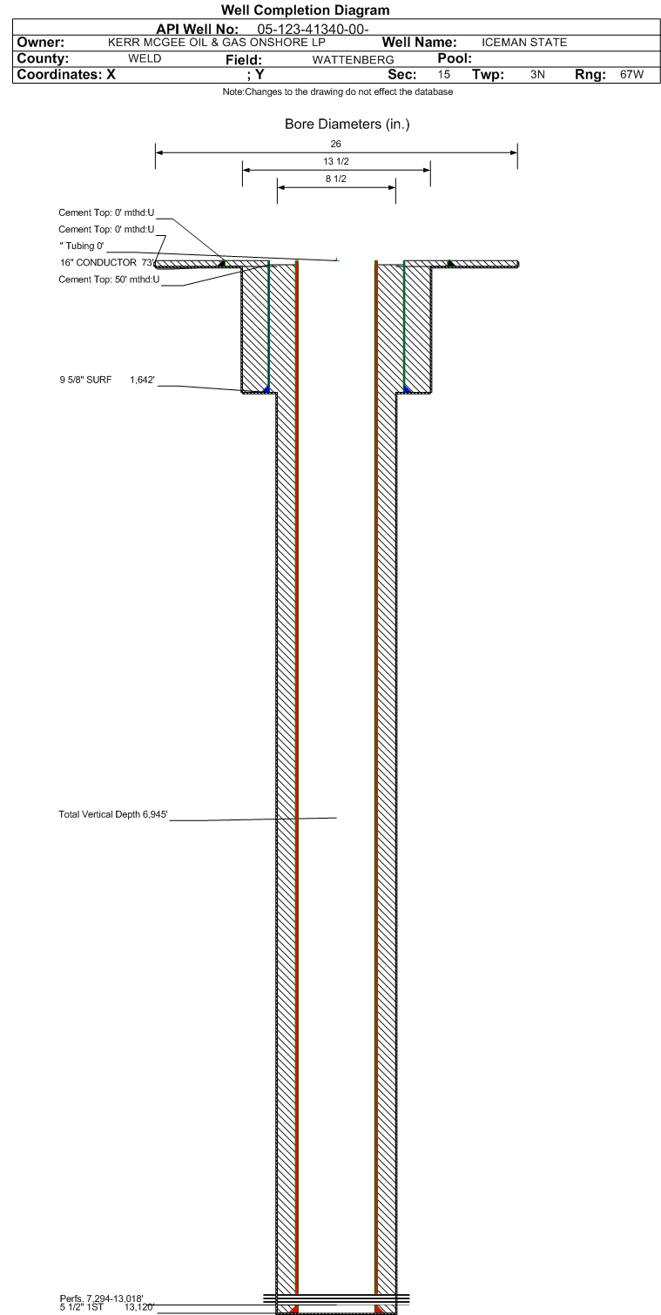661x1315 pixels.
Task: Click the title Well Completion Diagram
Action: pos(306,10)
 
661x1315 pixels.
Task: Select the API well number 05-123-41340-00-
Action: pos(313,30)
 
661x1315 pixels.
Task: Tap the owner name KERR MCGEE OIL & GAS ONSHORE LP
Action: pos(217,43)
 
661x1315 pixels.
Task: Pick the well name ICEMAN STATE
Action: pos(524,43)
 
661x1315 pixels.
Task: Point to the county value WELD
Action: pos(145,58)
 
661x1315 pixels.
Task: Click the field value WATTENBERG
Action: pos(353,60)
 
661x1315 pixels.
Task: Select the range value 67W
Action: pos(631,75)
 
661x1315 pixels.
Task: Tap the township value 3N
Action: pos(537,75)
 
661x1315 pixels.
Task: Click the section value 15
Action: pos(444,75)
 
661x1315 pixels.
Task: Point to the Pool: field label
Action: pos(455,58)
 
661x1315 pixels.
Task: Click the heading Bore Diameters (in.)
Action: pos(347,124)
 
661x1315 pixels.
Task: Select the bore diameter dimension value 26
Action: pos(336,144)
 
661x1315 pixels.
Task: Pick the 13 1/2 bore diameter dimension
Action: pos(336,161)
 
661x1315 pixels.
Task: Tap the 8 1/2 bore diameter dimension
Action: pos(336,179)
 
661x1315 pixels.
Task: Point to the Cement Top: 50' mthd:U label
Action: pos(109,280)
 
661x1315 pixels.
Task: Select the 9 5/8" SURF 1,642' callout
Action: pos(107,380)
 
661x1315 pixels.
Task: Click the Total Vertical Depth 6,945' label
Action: pos(112,814)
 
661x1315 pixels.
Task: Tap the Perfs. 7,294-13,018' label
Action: pos(102,1298)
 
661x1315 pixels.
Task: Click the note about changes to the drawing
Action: pos(338,91)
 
